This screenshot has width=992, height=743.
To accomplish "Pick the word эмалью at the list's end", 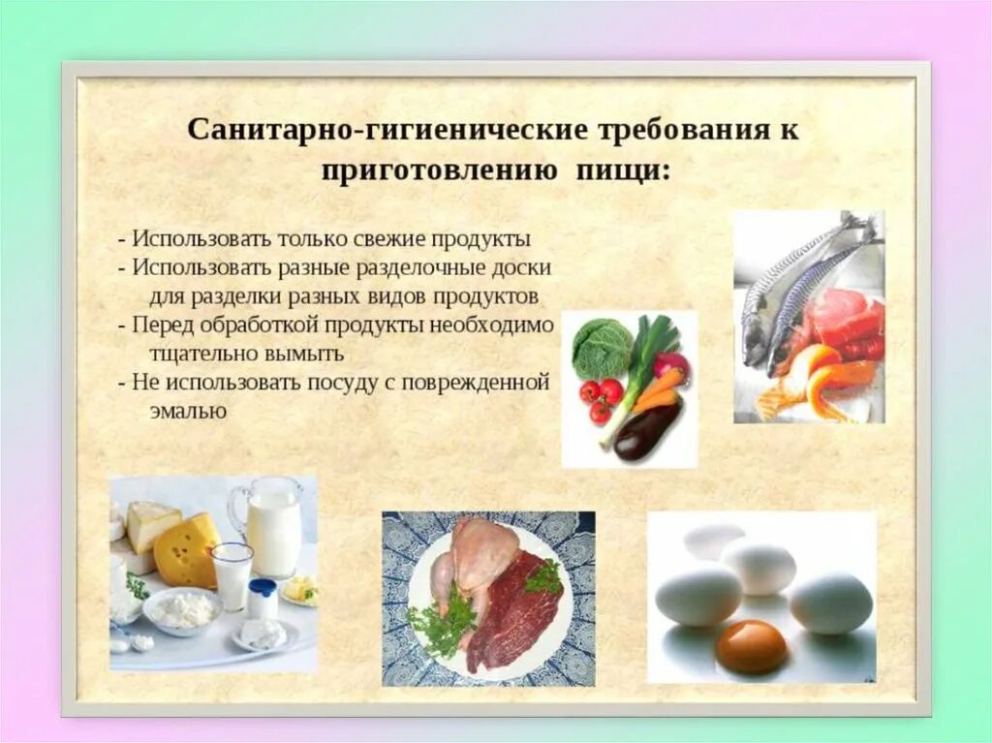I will (188, 410).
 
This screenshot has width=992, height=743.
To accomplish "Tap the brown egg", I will (751, 646).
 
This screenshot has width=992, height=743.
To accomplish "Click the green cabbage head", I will (602, 349).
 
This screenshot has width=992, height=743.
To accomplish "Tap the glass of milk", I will (232, 575).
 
